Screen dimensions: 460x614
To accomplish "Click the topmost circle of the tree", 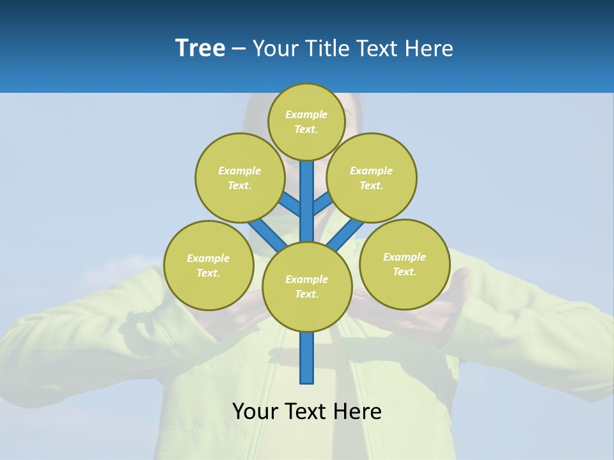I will click(306, 121).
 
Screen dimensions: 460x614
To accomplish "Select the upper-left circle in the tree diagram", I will click(240, 178).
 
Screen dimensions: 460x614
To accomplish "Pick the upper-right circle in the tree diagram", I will click(372, 178).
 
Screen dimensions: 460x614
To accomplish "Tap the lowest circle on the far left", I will click(209, 265).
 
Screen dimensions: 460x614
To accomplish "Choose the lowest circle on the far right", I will click(404, 264).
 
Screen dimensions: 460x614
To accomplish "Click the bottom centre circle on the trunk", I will click(307, 287).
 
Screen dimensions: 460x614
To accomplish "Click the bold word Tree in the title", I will click(200, 48).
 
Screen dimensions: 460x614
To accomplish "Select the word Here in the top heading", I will click(430, 48).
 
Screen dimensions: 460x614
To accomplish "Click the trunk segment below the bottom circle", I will click(307, 358).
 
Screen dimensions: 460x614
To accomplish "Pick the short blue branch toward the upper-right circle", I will click(323, 204).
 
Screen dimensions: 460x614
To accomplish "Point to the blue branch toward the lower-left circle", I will click(266, 233).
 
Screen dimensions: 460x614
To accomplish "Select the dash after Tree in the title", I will click(239, 49).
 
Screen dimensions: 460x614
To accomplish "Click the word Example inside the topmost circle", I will click(306, 114).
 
